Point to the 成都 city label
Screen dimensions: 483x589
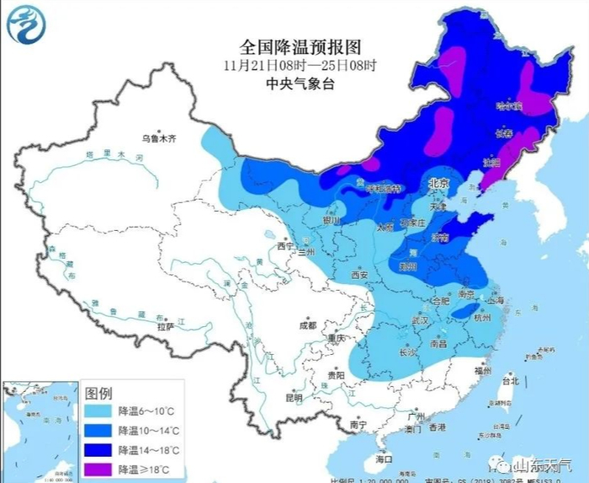(x=306, y=325)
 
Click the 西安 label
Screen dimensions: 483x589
(x=360, y=275)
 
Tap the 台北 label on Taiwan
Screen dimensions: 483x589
(x=510, y=381)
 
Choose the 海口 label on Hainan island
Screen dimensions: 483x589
(x=385, y=459)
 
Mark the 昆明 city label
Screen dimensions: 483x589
(x=294, y=397)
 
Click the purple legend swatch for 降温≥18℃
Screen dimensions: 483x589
(x=99, y=467)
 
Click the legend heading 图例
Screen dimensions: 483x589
(x=99, y=393)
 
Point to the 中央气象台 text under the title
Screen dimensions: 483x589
(x=294, y=83)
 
